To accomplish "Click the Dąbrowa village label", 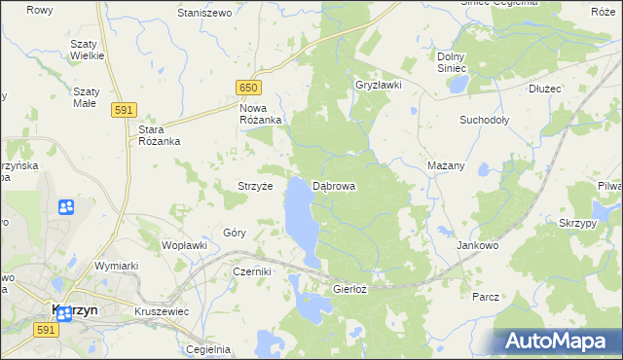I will pyautogui.click(x=334, y=186).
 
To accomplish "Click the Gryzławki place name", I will pyautogui.click(x=379, y=86).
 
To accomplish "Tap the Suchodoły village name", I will pyautogui.click(x=485, y=121).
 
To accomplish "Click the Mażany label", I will pyautogui.click(x=446, y=166).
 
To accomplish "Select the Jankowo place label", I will pyautogui.click(x=477, y=246).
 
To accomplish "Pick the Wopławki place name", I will pyautogui.click(x=184, y=245).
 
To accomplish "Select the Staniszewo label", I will pyautogui.click(x=203, y=14).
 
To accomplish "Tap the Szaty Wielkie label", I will pyautogui.click(x=87, y=52).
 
